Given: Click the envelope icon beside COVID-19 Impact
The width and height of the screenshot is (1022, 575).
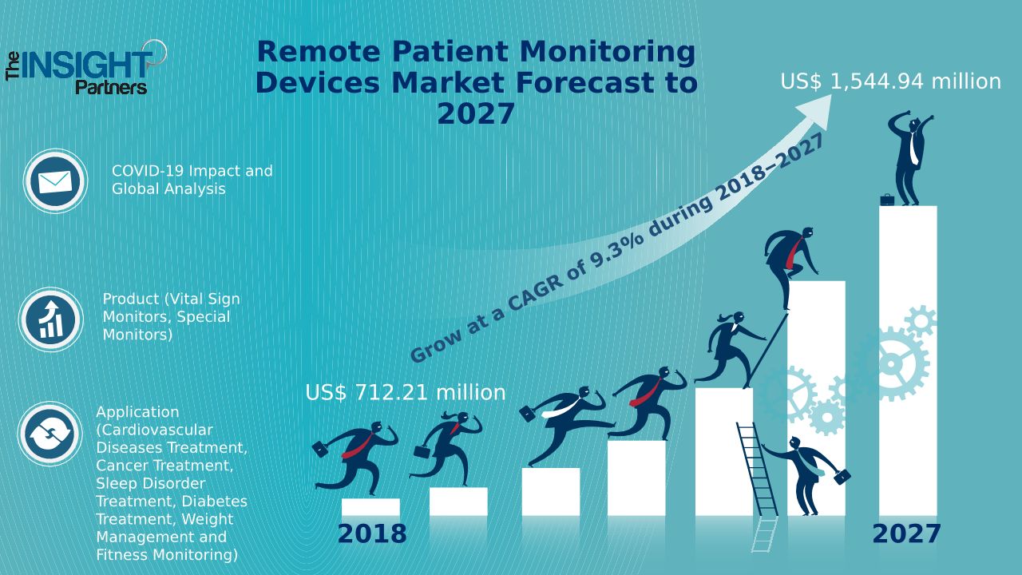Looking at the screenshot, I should pos(54,182).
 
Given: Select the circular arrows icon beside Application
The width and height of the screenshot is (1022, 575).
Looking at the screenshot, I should pos(50,434).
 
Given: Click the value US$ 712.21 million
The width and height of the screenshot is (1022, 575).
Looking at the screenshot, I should pos(405,393).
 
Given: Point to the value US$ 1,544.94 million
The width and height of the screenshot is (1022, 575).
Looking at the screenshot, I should pos(890,81).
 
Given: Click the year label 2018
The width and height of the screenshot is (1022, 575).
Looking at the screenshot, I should pos(371,533).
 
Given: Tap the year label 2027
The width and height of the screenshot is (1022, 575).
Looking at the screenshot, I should pos(906,533).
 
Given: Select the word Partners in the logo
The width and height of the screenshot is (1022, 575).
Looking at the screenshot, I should pos(111,87).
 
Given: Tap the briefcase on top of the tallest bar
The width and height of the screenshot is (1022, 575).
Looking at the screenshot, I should pos(887,200).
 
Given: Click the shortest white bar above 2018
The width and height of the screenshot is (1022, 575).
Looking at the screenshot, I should pos(370,507).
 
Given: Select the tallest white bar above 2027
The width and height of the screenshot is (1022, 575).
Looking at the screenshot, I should pos(908,359).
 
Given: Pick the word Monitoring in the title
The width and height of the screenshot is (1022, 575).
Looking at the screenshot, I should pos(608,52).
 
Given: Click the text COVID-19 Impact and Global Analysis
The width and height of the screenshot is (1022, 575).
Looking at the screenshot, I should pos(192,180).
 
